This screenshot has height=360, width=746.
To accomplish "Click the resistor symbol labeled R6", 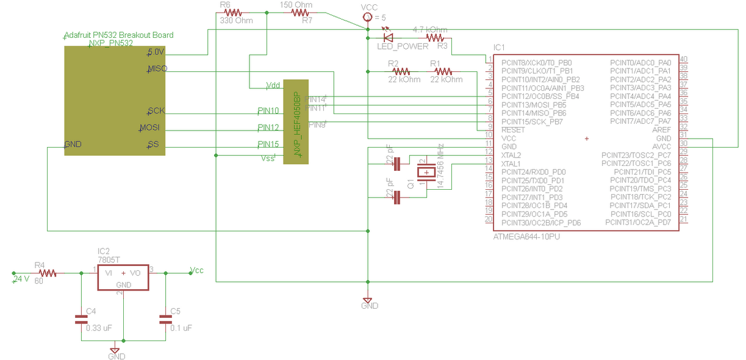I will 234,12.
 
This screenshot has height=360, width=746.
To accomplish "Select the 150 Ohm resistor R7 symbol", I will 300,12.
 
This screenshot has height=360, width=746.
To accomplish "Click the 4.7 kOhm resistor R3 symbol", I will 435,38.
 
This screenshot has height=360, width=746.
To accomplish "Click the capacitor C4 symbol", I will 81,318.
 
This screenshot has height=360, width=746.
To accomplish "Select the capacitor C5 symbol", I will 165,318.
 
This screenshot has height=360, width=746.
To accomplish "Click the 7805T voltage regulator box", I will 123,278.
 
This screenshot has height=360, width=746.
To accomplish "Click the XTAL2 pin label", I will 511,155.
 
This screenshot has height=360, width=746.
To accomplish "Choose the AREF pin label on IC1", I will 661,130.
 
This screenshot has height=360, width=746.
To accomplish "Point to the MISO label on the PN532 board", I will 157,68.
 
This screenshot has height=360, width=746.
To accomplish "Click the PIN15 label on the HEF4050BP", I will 268,145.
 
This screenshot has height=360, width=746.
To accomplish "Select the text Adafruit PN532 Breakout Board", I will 118,35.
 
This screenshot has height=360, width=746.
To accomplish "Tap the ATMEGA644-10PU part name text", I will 526,236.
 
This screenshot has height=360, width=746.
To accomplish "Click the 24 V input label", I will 21,278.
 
